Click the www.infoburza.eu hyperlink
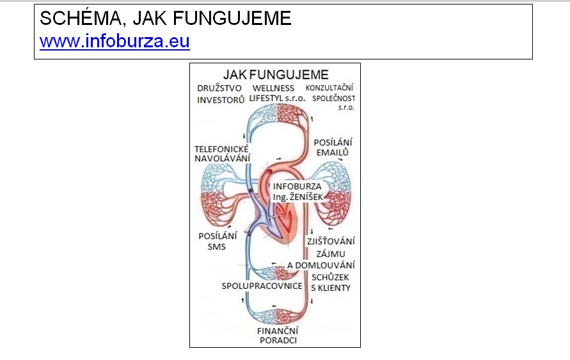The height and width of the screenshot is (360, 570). coord(115,41)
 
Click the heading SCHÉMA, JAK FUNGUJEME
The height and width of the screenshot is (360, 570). coord(166,18)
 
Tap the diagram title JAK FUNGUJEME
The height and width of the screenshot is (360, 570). coord(276,75)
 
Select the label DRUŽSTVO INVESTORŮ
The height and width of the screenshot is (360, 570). coord(220,94)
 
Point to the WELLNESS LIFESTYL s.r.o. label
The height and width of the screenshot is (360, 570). coord(277,93)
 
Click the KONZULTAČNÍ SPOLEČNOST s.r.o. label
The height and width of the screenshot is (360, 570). coord(331,97)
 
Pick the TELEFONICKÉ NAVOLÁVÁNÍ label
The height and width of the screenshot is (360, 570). coord(222,153)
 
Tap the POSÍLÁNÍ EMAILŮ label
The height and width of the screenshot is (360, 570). coord(333,147)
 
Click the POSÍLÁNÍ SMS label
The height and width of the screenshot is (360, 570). coord(218,241)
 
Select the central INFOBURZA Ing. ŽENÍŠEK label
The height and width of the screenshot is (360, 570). coord(297,191)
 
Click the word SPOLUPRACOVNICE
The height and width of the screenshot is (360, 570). coord(262,286)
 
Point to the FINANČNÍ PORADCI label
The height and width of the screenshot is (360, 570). coord(278,336)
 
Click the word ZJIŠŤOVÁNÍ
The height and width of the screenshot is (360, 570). coord(331,241)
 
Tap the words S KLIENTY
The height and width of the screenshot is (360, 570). coord(331,288)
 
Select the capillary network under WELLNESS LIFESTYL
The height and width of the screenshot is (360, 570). coord(278,113)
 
